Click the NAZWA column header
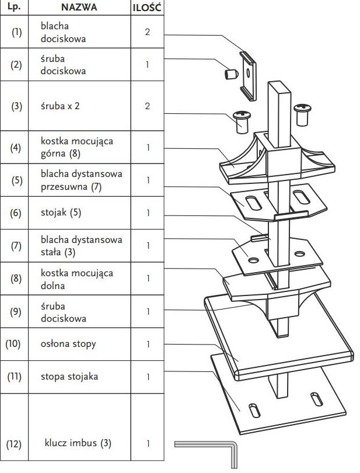tap(79, 7)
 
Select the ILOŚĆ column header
tap(147, 8)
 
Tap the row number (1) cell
tap(16, 32)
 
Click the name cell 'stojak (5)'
tap(61, 213)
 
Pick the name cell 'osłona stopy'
tap(68, 344)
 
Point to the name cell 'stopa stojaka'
tap(69, 377)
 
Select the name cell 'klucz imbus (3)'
tap(78, 443)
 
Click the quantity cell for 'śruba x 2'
tap(148, 106)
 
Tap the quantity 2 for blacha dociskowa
tap(147, 32)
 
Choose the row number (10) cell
tap(13, 344)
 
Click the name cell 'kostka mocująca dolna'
tap(77, 279)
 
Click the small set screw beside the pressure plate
tap(231, 74)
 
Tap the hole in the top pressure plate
tap(248, 72)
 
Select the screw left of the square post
tap(242, 121)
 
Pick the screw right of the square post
tap(302, 114)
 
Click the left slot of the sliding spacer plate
tap(253, 203)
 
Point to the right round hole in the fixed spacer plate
tap(299, 253)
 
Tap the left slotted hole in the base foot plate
tap(254, 411)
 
